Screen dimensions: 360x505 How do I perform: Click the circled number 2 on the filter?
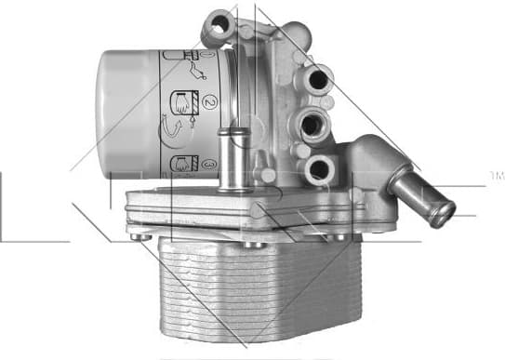pos(210,100)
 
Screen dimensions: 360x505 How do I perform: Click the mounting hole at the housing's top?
pos(218,27)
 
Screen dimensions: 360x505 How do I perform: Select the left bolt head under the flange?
pos(140,238)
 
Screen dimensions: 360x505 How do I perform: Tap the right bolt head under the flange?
pos(342,237)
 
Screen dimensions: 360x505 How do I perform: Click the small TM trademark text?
pos(496,175)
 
